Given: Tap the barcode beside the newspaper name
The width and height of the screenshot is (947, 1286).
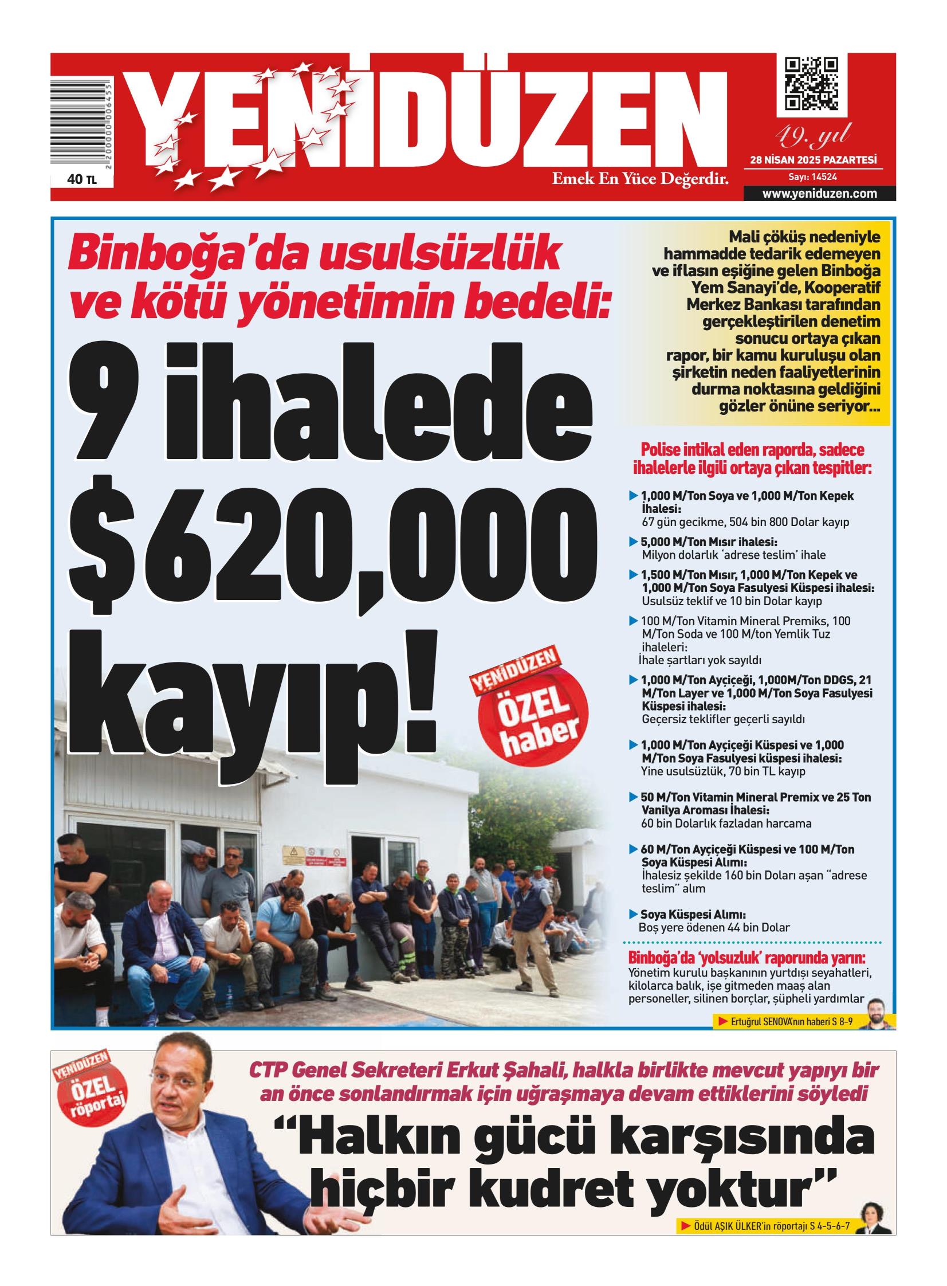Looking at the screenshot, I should pos(80,123).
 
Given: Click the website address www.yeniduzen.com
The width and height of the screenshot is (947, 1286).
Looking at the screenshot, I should pos(819,194).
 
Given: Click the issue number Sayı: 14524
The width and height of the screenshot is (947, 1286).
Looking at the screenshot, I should pos(812,177).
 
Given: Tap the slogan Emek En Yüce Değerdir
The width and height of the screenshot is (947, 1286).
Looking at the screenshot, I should pos(640,179).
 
